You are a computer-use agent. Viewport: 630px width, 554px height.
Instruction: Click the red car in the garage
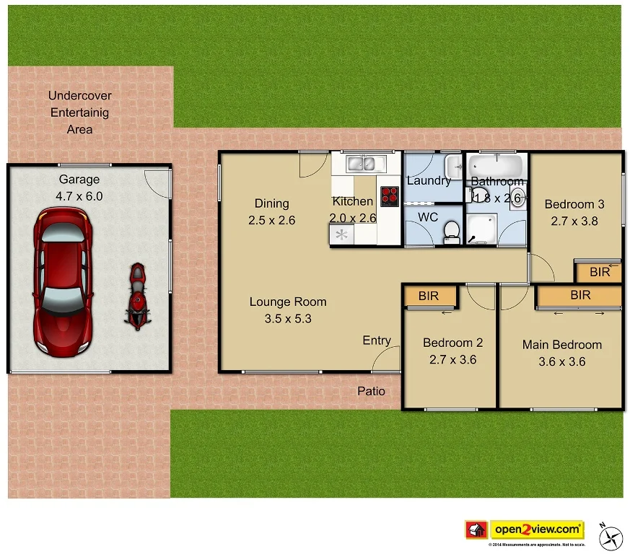pos(64,281)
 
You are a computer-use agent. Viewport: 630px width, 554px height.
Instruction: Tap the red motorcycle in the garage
pos(137,296)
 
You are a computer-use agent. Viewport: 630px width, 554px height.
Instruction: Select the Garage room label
pos(79,180)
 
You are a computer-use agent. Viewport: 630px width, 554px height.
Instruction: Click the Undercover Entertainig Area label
pos(80,113)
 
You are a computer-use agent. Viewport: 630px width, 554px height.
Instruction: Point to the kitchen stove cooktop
pos(390,195)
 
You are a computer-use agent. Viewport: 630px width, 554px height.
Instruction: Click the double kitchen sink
pos(364,164)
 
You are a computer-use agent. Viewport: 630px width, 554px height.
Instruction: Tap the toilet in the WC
pos(452,230)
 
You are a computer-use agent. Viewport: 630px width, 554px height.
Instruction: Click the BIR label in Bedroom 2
pos(429,296)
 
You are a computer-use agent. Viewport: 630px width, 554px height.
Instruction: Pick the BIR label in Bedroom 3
pos(600,272)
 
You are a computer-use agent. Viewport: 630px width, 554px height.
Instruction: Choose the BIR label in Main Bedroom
pos(580,295)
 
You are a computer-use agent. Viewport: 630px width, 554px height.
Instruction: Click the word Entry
pos(377,340)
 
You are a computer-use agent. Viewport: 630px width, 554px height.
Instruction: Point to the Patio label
pos(372,391)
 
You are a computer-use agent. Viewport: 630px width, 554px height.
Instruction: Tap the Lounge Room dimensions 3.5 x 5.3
pos(288,318)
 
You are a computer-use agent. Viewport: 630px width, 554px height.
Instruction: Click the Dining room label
pos(272,203)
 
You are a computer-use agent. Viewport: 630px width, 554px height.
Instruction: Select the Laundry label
pos(429,180)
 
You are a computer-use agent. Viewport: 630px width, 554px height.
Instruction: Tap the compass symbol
pos(613,535)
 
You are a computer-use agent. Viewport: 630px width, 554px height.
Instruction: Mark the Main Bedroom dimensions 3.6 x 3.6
pos(562,361)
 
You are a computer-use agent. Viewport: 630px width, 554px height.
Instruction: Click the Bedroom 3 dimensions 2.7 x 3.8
pos(574,221)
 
